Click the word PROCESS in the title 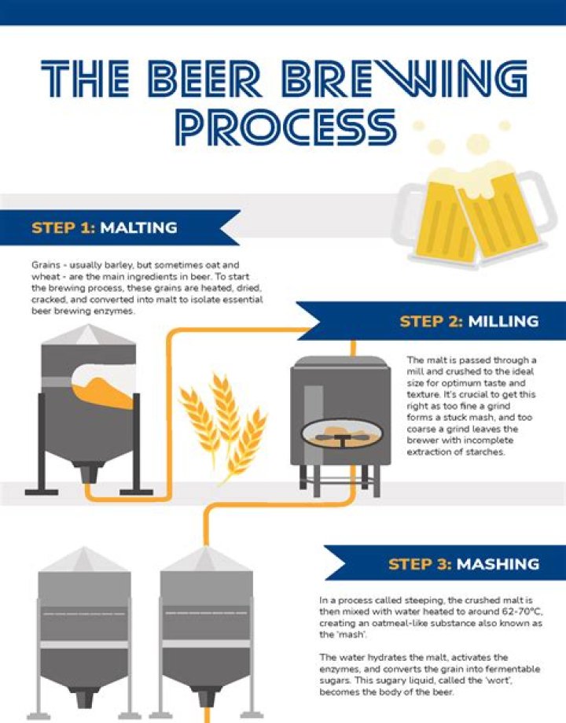click(285, 127)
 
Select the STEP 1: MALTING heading click(104, 228)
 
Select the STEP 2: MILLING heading click(469, 321)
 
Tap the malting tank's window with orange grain click(105, 385)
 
